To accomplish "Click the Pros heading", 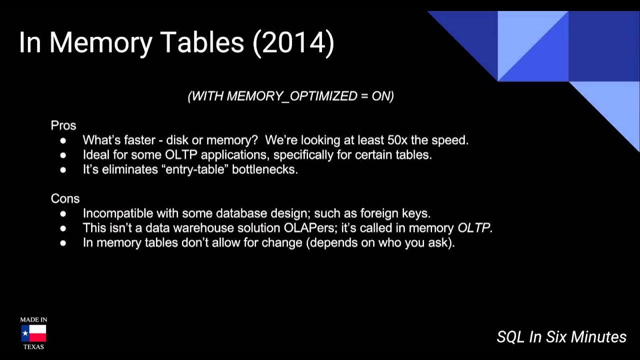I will click(x=63, y=125).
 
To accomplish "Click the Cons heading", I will click(x=65, y=198).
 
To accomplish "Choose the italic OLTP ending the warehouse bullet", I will click(x=475, y=228).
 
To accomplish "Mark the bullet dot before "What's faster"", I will click(x=63, y=140).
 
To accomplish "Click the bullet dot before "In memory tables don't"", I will click(x=63, y=243).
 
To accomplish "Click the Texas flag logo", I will click(x=33, y=333).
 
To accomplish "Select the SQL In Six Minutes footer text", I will click(x=561, y=337).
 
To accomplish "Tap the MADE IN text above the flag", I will click(x=33, y=319).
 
